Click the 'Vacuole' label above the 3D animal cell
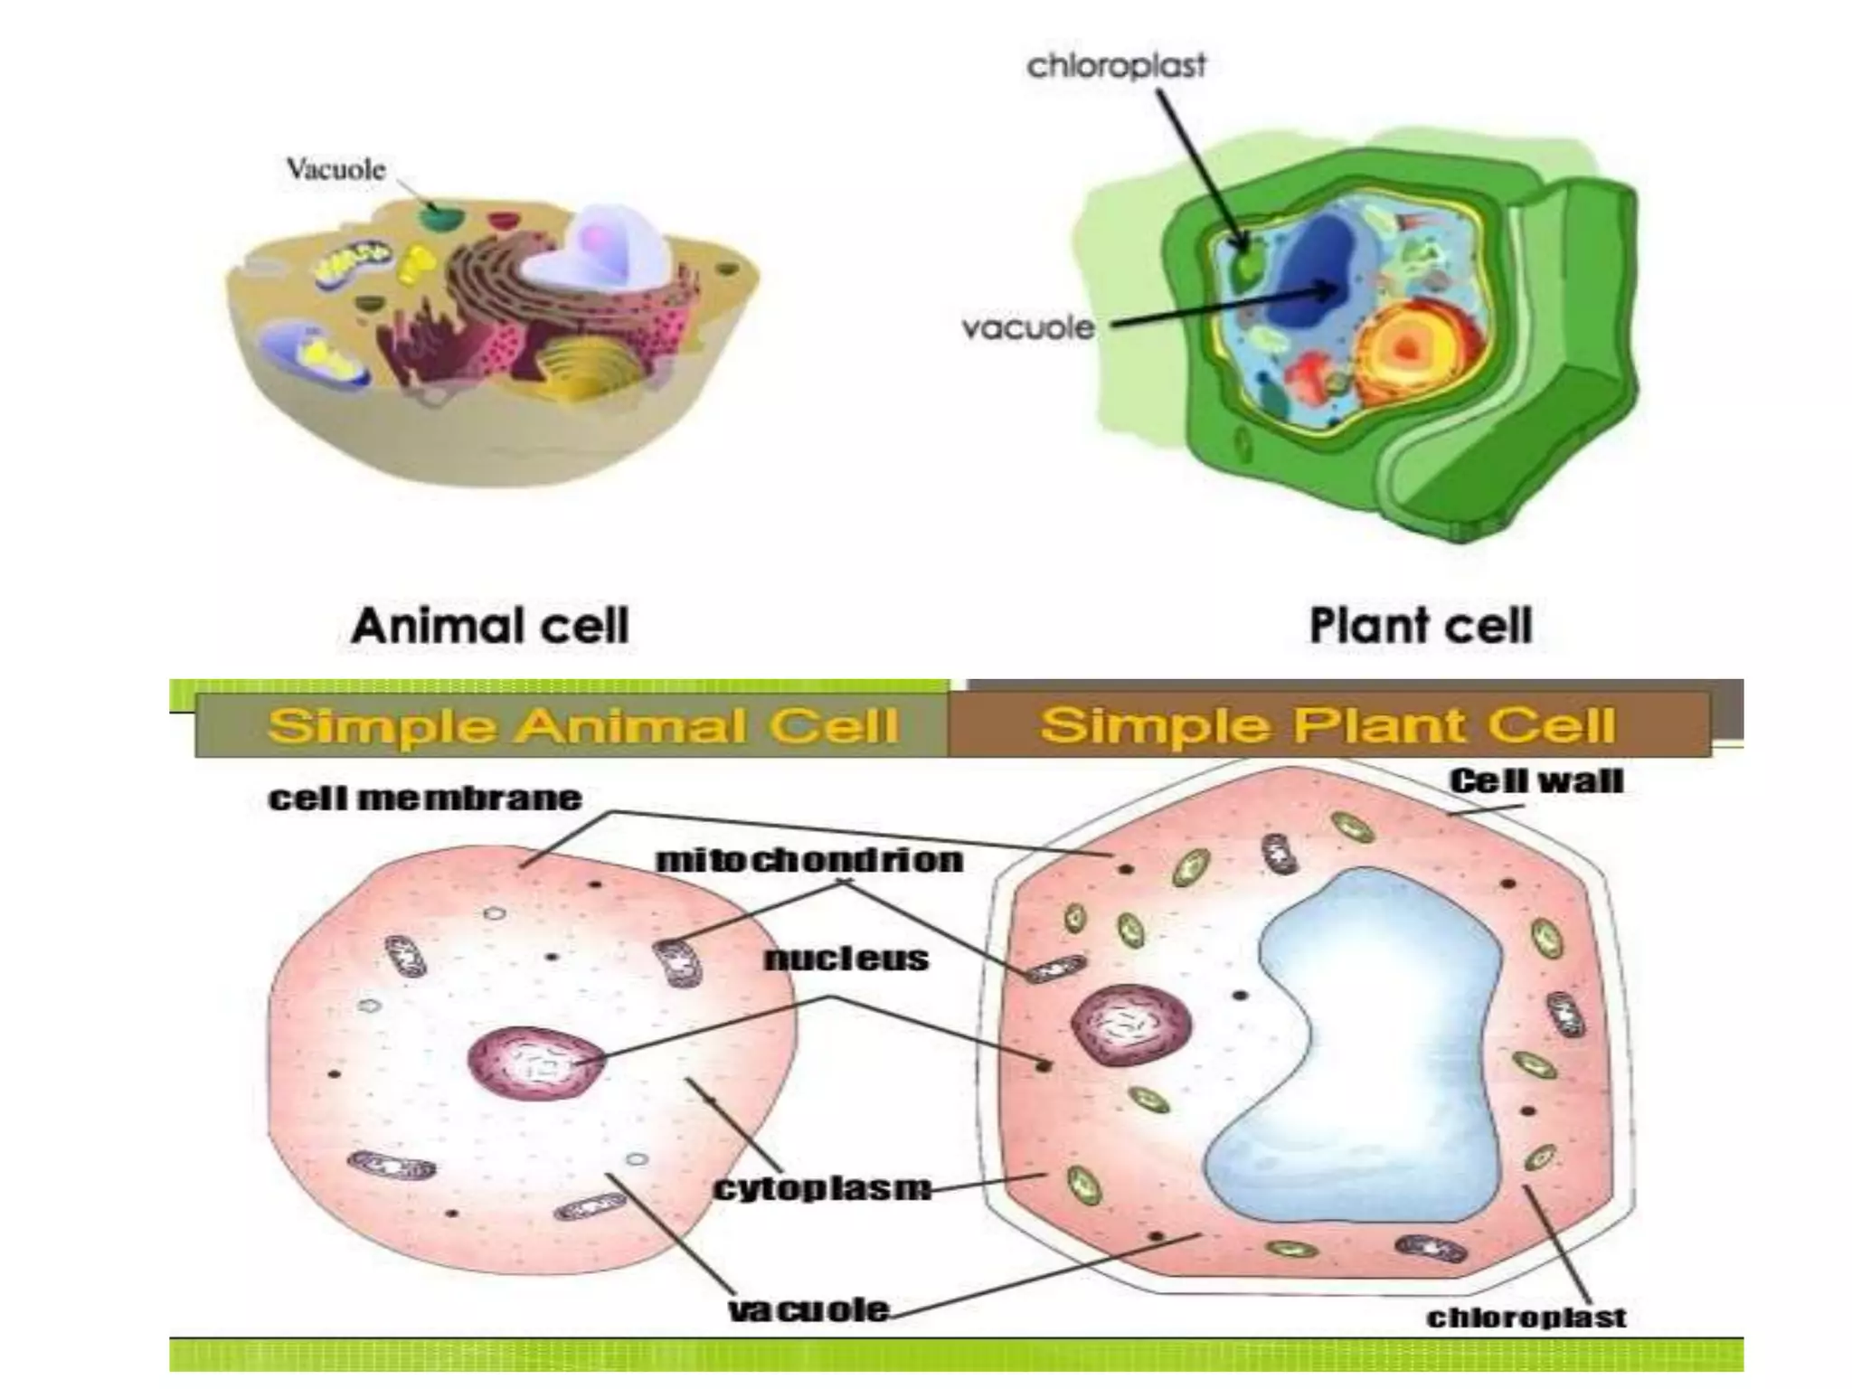click(335, 170)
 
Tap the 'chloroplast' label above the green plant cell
click(1116, 66)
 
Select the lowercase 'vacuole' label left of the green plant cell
click(1028, 327)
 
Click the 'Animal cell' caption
click(490, 626)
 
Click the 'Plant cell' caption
click(1421, 626)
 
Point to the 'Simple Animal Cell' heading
click(583, 726)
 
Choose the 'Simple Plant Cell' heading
click(1327, 725)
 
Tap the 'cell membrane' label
click(425, 798)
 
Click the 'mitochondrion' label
click(809, 860)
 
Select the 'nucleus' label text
click(846, 959)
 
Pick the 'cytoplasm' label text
click(822, 1187)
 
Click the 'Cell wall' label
click(1536, 780)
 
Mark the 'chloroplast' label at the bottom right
click(1526, 1318)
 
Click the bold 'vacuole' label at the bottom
click(809, 1309)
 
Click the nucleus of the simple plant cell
click(1130, 1025)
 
